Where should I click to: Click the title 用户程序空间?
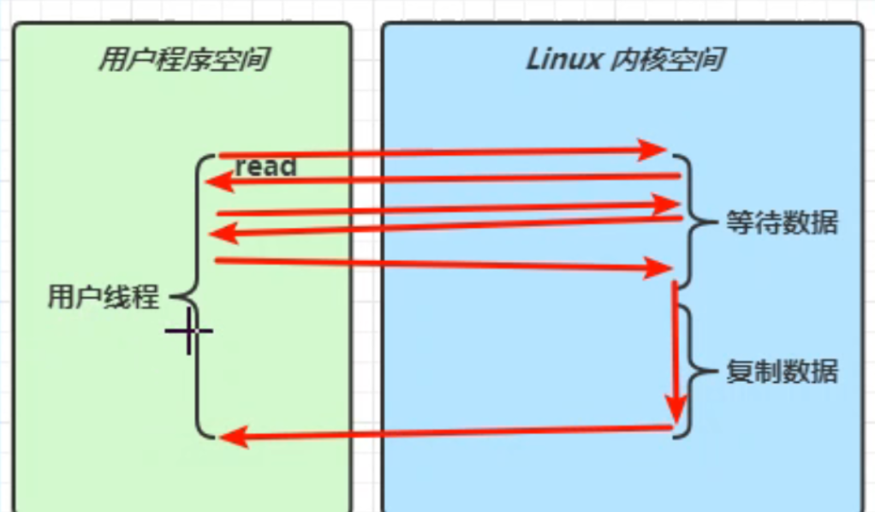click(x=181, y=60)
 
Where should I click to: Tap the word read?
click(x=265, y=166)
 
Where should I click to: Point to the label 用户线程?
click(x=103, y=298)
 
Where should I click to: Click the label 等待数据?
click(x=781, y=223)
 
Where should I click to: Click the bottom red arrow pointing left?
click(x=445, y=432)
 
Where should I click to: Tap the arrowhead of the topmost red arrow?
click(x=654, y=150)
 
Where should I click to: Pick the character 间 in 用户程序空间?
click(x=250, y=60)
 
